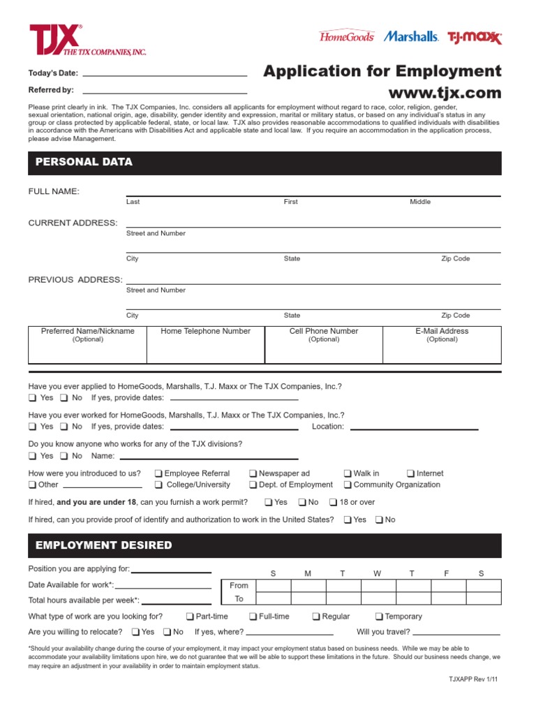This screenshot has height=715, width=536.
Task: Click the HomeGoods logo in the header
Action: [346, 36]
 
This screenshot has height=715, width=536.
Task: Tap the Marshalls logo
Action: [411, 36]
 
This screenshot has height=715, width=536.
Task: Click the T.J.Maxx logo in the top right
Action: [475, 37]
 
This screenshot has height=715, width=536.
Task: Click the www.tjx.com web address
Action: [445, 93]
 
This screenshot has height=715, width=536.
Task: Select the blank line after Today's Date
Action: [165, 73]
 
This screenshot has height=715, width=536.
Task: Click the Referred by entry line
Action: [165, 91]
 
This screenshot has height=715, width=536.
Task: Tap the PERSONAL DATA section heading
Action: [80, 162]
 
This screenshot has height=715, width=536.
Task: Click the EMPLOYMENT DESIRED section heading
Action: [100, 545]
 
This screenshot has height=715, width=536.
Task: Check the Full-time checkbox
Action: [253, 617]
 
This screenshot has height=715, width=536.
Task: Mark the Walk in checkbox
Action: [348, 473]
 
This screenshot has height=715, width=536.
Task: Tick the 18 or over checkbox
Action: [334, 503]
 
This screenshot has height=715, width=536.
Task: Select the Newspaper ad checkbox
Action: [253, 473]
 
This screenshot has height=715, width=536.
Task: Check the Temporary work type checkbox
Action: [379, 617]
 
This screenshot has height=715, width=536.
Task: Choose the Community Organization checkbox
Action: [348, 485]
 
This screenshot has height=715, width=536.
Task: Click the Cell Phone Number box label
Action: [324, 332]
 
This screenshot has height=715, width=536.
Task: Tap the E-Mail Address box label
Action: [442, 332]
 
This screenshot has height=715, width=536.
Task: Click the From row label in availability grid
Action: [239, 586]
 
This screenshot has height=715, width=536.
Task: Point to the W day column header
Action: [378, 573]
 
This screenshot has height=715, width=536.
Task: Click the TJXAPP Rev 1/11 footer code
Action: [475, 679]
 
